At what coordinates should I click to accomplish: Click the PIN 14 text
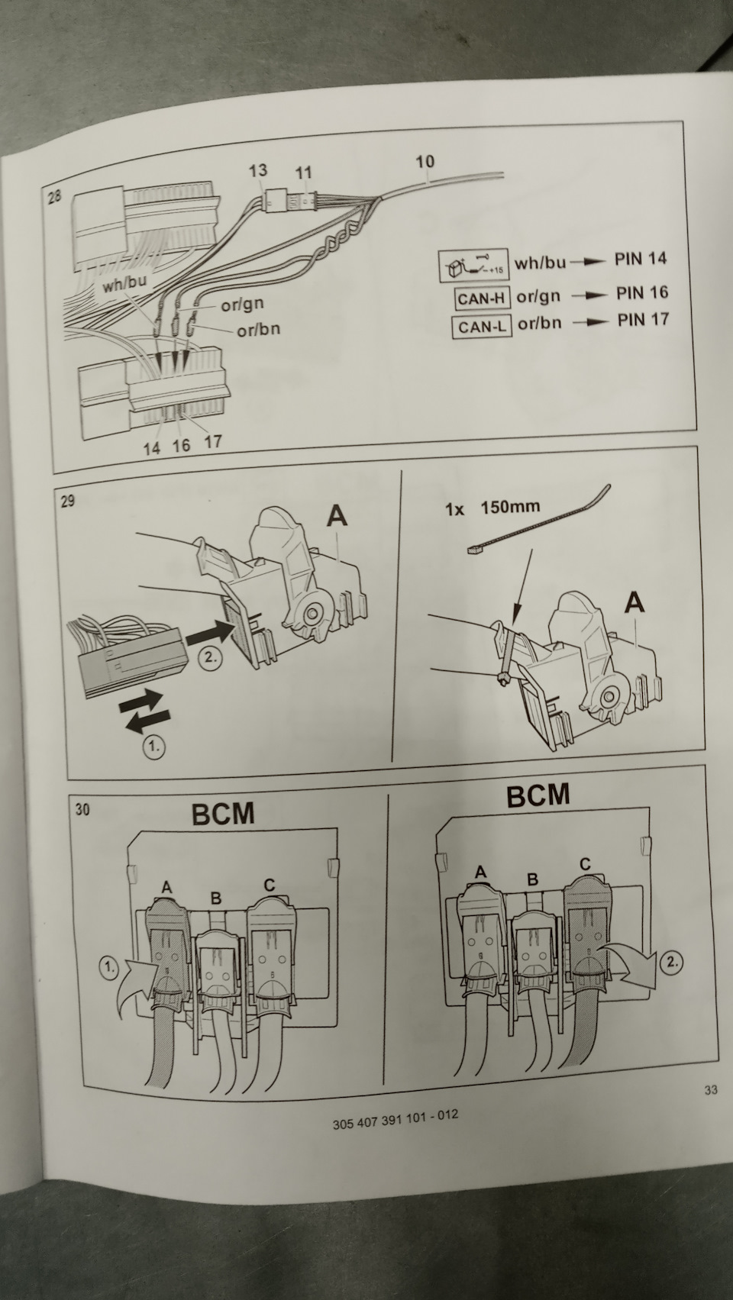tap(640, 260)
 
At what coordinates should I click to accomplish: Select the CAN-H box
tap(483, 297)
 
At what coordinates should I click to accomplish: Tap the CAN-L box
tap(481, 327)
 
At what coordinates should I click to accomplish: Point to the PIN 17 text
tap(643, 319)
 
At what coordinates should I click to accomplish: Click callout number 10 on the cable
tap(425, 161)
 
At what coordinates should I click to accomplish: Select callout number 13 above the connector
tap(258, 170)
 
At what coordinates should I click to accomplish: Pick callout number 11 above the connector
tap(304, 173)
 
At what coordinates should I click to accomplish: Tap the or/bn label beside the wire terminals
tap(258, 330)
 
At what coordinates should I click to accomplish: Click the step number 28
tap(55, 198)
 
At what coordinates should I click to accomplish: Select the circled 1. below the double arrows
tap(153, 747)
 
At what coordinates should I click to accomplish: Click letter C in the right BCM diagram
tap(584, 865)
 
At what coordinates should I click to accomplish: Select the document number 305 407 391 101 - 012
tap(396, 1115)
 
